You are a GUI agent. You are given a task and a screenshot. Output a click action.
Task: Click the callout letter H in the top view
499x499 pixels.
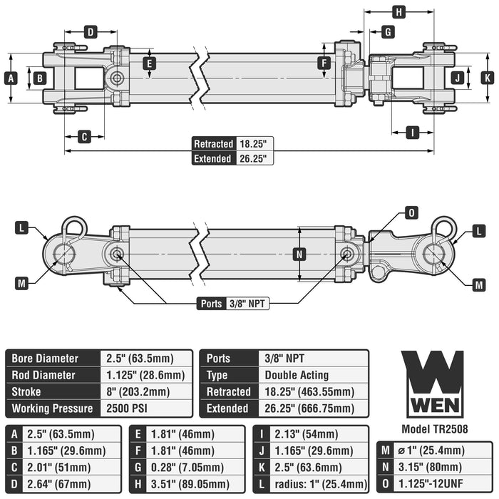pyautogui.click(x=399, y=11)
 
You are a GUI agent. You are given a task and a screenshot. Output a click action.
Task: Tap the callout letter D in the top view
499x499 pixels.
pyautogui.click(x=91, y=31)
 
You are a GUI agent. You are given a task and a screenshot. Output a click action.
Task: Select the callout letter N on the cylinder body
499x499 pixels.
pyautogui.click(x=299, y=254)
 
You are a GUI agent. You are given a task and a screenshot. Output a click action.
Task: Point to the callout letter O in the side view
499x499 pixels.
pyautogui.click(x=411, y=212)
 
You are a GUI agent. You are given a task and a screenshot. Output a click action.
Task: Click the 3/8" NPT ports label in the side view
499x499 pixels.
pyautogui.click(x=246, y=304)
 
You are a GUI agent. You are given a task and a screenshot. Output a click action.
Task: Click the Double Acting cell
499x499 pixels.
pyautogui.click(x=297, y=375)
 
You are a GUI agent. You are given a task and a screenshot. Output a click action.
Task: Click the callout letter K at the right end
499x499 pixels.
pyautogui.click(x=487, y=78)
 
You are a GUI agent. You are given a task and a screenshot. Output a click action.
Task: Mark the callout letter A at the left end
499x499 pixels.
pyautogui.click(x=11, y=78)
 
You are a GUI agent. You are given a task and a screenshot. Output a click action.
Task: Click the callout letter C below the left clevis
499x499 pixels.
pyautogui.click(x=84, y=136)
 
